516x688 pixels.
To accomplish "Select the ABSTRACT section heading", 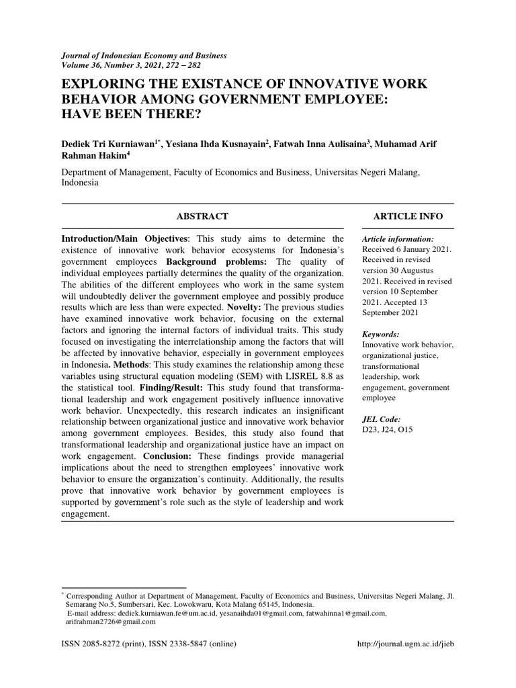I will pyautogui.click(x=202, y=216).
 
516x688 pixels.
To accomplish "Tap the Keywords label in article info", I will pyautogui.click(x=380, y=334).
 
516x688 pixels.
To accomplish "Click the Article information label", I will pyautogui.click(x=397, y=239).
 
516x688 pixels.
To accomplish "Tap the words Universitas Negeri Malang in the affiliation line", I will pyautogui.click(x=367, y=172).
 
